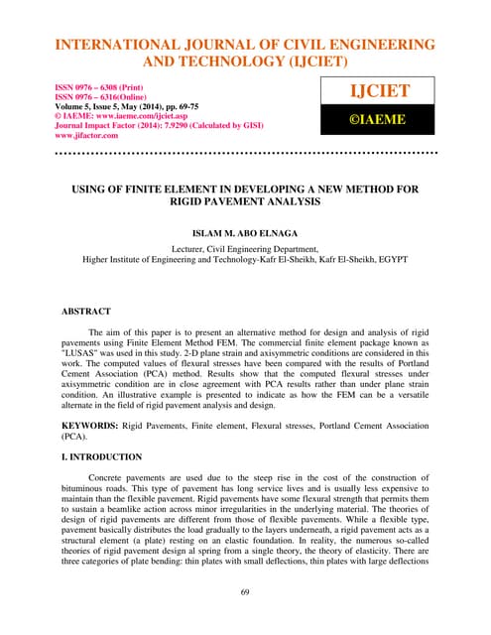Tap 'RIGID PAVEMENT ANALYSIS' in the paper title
245,200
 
